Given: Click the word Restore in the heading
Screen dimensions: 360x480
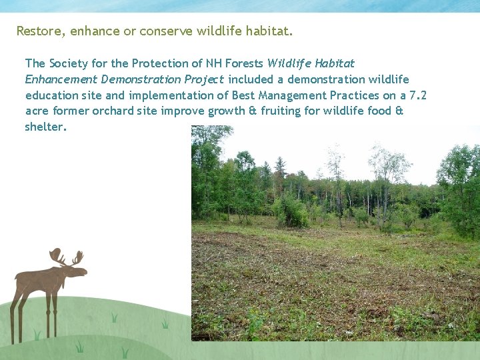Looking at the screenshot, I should pyautogui.click(x=37, y=31).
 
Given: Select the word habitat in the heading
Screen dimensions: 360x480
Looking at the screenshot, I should pyautogui.click(x=269, y=31).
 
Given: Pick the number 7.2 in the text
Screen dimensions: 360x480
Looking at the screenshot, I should pyautogui.click(x=417, y=95).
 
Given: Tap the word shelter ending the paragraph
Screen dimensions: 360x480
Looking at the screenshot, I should pyautogui.click(x=45, y=127).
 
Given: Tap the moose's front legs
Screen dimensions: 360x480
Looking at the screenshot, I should pyautogui.click(x=51, y=313).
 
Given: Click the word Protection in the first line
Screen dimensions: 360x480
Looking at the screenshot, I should pyautogui.click(x=158, y=63).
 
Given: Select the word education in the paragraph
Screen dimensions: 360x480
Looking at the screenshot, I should pyautogui.click(x=51, y=95).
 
